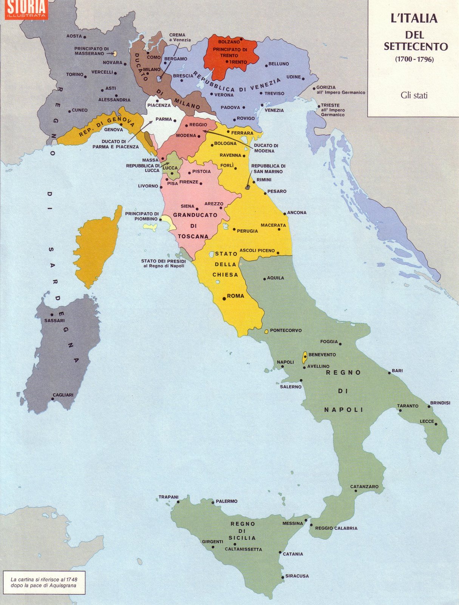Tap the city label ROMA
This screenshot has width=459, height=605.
[235, 296]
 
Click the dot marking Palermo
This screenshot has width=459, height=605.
[213, 503]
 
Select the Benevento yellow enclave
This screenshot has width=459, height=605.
[304, 357]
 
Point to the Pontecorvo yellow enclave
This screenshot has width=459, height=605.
[266, 331]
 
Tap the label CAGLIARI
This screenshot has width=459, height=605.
[63, 395]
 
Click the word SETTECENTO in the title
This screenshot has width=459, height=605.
[416, 47]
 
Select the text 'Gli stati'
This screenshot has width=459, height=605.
[414, 95]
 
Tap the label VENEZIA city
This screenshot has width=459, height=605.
[274, 110]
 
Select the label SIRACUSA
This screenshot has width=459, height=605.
[297, 576]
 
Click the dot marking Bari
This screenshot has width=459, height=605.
[389, 373]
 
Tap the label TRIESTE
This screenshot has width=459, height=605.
[330, 105]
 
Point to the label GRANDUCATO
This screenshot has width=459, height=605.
[195, 215]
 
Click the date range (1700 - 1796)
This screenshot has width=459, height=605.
[414, 59]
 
